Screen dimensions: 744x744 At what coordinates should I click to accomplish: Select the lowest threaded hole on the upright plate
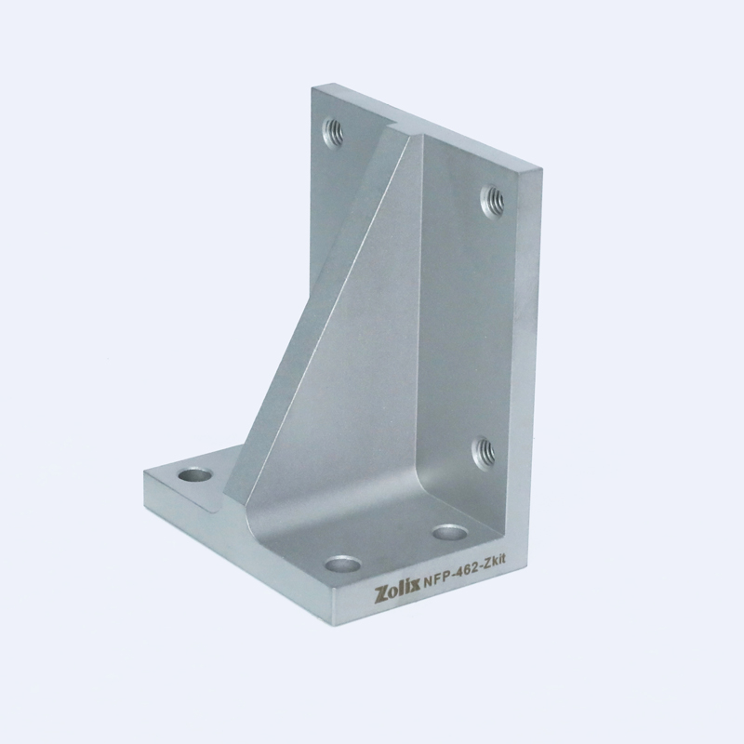(x=484, y=451)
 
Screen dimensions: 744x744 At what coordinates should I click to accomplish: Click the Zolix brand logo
(x=398, y=593)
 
